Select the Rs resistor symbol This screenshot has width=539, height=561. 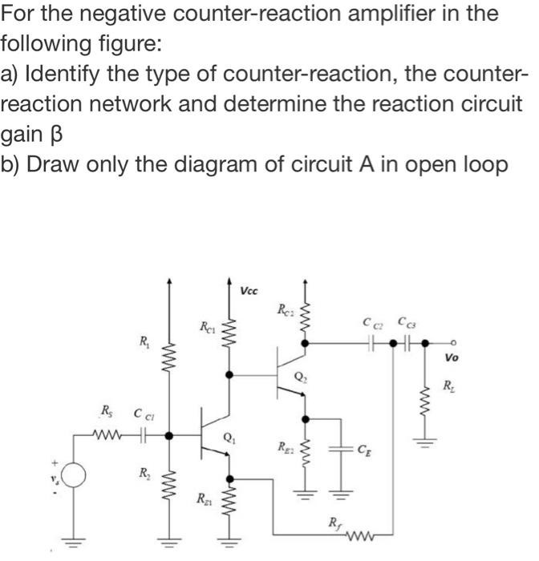coord(103,436)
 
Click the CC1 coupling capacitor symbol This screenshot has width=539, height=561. coord(144,436)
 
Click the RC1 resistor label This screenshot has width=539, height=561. coord(207,325)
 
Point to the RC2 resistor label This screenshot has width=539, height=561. coord(285,309)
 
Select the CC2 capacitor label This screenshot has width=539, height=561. coord(370,323)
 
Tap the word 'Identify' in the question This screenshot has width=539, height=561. coord(60,75)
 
